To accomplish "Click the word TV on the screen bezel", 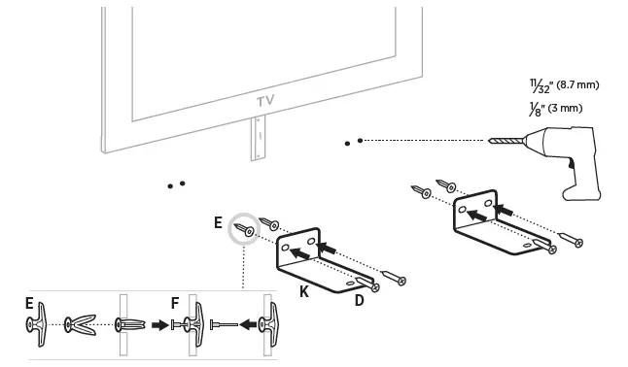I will (265, 100).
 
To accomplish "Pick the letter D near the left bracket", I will (359, 300).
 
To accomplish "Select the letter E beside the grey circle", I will (218, 222).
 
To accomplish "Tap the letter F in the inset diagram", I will (175, 303).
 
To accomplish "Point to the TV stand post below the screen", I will (258, 137).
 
